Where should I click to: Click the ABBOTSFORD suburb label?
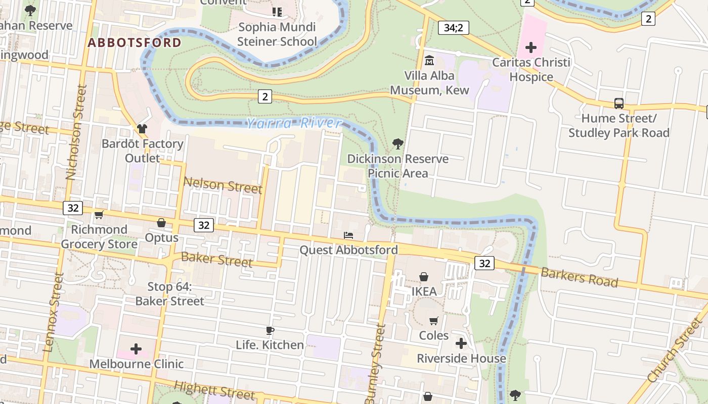134,42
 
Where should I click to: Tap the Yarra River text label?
294,123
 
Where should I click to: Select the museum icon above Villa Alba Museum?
429,60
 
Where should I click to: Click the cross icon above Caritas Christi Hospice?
530,48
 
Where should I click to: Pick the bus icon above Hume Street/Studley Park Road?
618,104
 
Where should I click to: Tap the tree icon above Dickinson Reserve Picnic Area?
398,144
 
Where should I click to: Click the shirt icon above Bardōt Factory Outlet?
142,129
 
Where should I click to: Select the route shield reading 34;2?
453,28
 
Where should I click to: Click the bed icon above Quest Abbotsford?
348,235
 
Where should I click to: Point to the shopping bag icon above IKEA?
424,277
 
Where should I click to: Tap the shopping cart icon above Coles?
434,321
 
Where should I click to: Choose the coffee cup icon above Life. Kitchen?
270,331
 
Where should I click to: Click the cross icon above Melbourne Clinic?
136,349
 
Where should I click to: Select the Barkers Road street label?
579,277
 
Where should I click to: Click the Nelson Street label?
223,185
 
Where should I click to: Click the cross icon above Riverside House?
461,344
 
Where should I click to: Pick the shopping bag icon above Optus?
161,223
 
